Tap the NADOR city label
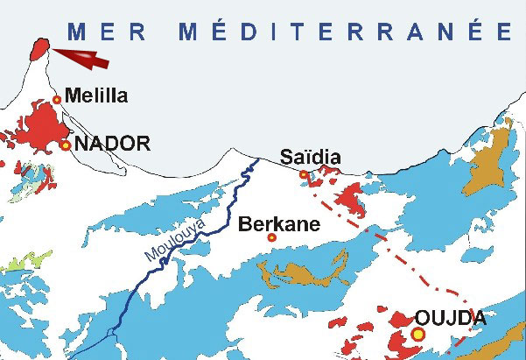(113, 144)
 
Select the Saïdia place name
(309, 158)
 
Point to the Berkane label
(277, 224)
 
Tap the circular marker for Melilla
(58, 99)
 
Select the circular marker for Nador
(66, 145)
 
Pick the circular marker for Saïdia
(303, 175)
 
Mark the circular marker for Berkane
(271, 237)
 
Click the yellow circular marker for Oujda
(417, 335)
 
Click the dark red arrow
(83, 58)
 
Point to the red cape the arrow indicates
(39, 48)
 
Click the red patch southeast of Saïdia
(353, 201)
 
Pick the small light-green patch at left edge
(16, 260)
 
